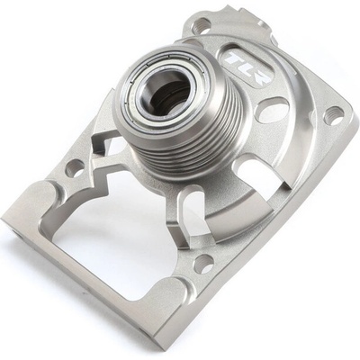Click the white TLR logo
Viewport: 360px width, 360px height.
(x=246, y=67)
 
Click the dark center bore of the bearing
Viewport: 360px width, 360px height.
(x=168, y=92)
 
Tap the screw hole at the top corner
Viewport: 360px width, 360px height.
(x=202, y=24)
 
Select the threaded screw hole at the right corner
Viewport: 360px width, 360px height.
(x=334, y=115)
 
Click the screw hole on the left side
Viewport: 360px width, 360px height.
(x=75, y=168)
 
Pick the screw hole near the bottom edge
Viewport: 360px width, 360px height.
(x=203, y=265)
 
